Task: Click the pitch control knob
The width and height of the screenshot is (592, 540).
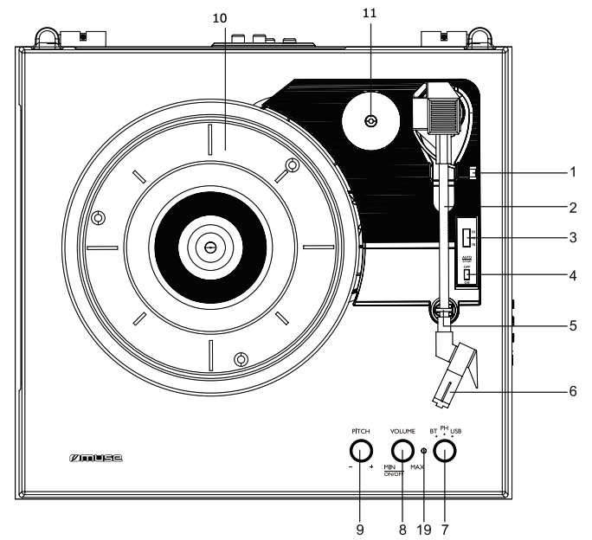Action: coord(361,451)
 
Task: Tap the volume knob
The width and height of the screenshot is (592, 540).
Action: coord(402,451)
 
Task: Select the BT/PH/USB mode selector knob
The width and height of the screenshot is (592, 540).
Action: coord(445,451)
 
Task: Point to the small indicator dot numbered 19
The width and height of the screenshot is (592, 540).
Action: coord(423,451)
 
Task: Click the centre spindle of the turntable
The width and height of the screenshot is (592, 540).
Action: coord(209,247)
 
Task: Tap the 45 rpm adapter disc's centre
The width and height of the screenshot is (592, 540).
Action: coord(370,122)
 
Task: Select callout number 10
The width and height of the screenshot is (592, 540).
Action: coord(222,16)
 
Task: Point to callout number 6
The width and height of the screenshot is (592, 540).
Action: coord(572,390)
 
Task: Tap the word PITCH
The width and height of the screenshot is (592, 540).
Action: coord(361,429)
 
